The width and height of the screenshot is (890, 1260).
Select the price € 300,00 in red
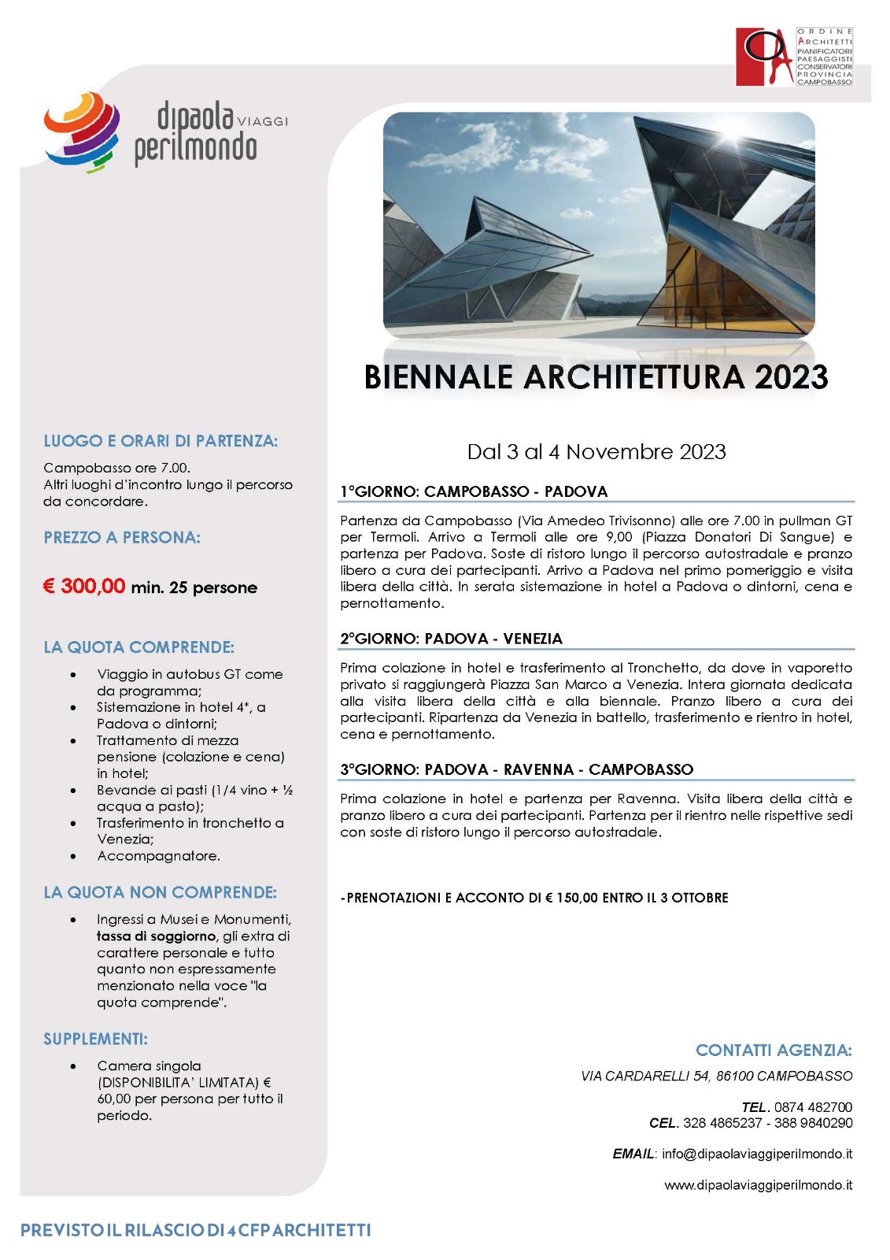[x=84, y=586]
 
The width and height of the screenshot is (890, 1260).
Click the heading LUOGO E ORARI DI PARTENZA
[x=161, y=441]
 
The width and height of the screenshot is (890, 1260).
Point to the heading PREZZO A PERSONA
[x=122, y=538]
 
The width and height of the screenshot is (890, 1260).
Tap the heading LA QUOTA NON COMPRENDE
[x=160, y=892]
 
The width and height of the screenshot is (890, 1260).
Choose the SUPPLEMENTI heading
[x=95, y=1039]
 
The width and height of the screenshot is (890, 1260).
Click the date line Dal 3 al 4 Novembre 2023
[x=596, y=451]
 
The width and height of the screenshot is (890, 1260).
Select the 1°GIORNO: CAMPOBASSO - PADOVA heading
[x=474, y=491]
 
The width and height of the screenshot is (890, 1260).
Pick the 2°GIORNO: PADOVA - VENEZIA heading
[x=451, y=639]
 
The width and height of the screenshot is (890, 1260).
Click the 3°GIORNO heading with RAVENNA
[x=516, y=769]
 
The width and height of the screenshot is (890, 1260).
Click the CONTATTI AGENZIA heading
[x=774, y=1050]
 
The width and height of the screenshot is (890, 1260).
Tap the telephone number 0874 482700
[x=813, y=1106]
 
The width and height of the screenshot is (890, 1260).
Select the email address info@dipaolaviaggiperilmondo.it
[x=757, y=1154]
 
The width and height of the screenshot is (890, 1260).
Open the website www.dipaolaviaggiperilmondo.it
[x=758, y=1184]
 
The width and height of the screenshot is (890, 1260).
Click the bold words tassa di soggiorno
[x=156, y=936]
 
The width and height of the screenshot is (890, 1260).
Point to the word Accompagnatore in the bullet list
[x=158, y=856]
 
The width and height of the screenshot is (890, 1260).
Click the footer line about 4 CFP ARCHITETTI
[x=195, y=1230]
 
